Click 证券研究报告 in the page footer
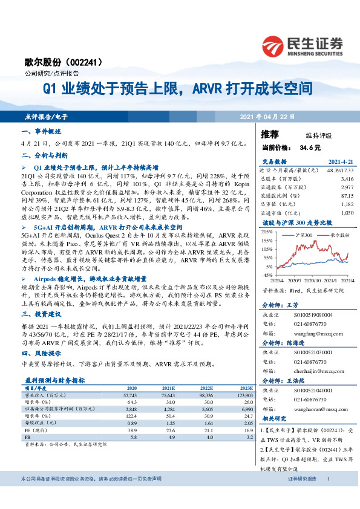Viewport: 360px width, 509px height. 302,496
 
